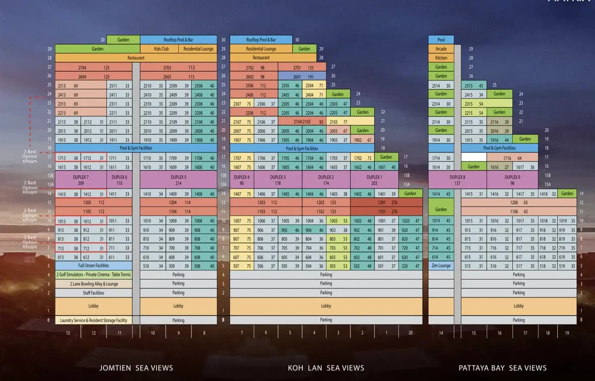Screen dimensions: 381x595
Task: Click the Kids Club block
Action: tap(162, 49)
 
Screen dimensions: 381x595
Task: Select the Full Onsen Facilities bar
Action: tap(93, 266)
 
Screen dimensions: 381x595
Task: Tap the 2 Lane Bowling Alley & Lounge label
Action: tap(93, 284)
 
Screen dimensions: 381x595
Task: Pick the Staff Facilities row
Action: tap(93, 293)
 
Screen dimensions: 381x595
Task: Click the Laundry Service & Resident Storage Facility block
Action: tap(93, 320)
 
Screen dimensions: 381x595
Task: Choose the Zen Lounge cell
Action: tap(441, 266)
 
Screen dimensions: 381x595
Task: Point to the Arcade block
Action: tap(441, 49)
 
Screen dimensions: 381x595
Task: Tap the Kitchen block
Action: tap(441, 58)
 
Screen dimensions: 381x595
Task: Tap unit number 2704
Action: tap(82, 67)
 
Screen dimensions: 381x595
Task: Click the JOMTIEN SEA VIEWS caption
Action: tap(136, 368)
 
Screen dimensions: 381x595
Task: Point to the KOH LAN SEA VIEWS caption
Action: tap(326, 368)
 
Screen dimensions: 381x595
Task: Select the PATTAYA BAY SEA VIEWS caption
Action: tap(503, 368)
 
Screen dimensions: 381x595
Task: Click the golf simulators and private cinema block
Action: tap(93, 275)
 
